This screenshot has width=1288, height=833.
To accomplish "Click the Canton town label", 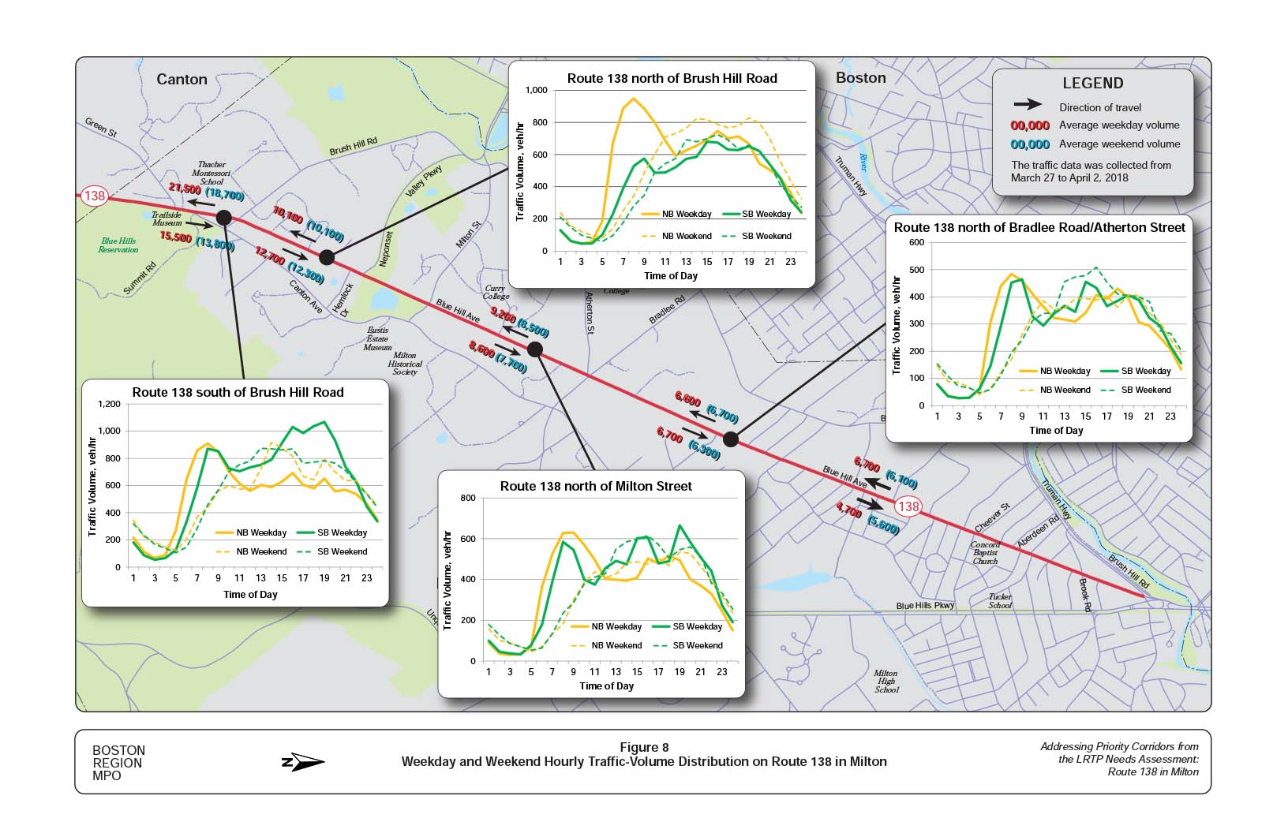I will point(182,80).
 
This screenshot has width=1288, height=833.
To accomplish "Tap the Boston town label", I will point(860,78).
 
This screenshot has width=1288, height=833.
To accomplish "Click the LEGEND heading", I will point(1092,84).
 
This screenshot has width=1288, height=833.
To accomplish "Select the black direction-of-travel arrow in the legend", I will point(1028,105).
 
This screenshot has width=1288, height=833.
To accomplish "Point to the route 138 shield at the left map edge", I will point(94,196).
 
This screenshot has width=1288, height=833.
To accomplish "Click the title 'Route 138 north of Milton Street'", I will point(595,487).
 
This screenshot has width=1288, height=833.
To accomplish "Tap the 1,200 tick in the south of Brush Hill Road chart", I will point(109,404).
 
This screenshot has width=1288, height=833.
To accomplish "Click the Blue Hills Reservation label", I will point(118,245).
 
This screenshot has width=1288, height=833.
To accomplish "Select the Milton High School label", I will point(886,682).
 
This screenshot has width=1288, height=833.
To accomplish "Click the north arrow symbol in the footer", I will point(302,762).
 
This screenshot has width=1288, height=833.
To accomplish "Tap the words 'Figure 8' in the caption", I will point(644,748).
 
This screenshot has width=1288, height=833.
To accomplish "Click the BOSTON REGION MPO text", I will point(118,763).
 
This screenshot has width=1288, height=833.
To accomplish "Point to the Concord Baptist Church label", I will point(985,553).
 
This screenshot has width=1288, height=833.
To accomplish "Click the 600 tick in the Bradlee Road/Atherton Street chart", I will point(916,242).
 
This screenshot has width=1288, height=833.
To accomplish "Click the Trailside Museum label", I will point(167,219).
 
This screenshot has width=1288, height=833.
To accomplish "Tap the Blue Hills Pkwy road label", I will point(925,606).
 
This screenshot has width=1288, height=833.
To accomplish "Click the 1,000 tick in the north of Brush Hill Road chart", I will point(536,90).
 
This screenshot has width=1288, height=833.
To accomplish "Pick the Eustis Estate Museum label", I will point(377,339).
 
